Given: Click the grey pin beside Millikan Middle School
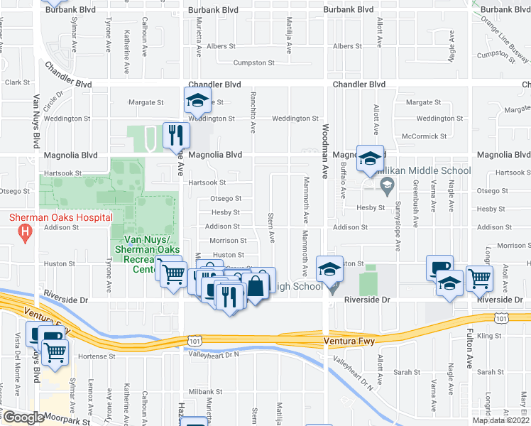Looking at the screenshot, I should coord(386,187).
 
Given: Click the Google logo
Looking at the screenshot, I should coord(23,417).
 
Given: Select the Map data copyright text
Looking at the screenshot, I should coord(500,420).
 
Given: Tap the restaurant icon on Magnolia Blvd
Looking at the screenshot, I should coord(175,133).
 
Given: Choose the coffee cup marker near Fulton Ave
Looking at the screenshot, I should coord(438,268).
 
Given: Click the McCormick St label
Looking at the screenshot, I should coord(424,136).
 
